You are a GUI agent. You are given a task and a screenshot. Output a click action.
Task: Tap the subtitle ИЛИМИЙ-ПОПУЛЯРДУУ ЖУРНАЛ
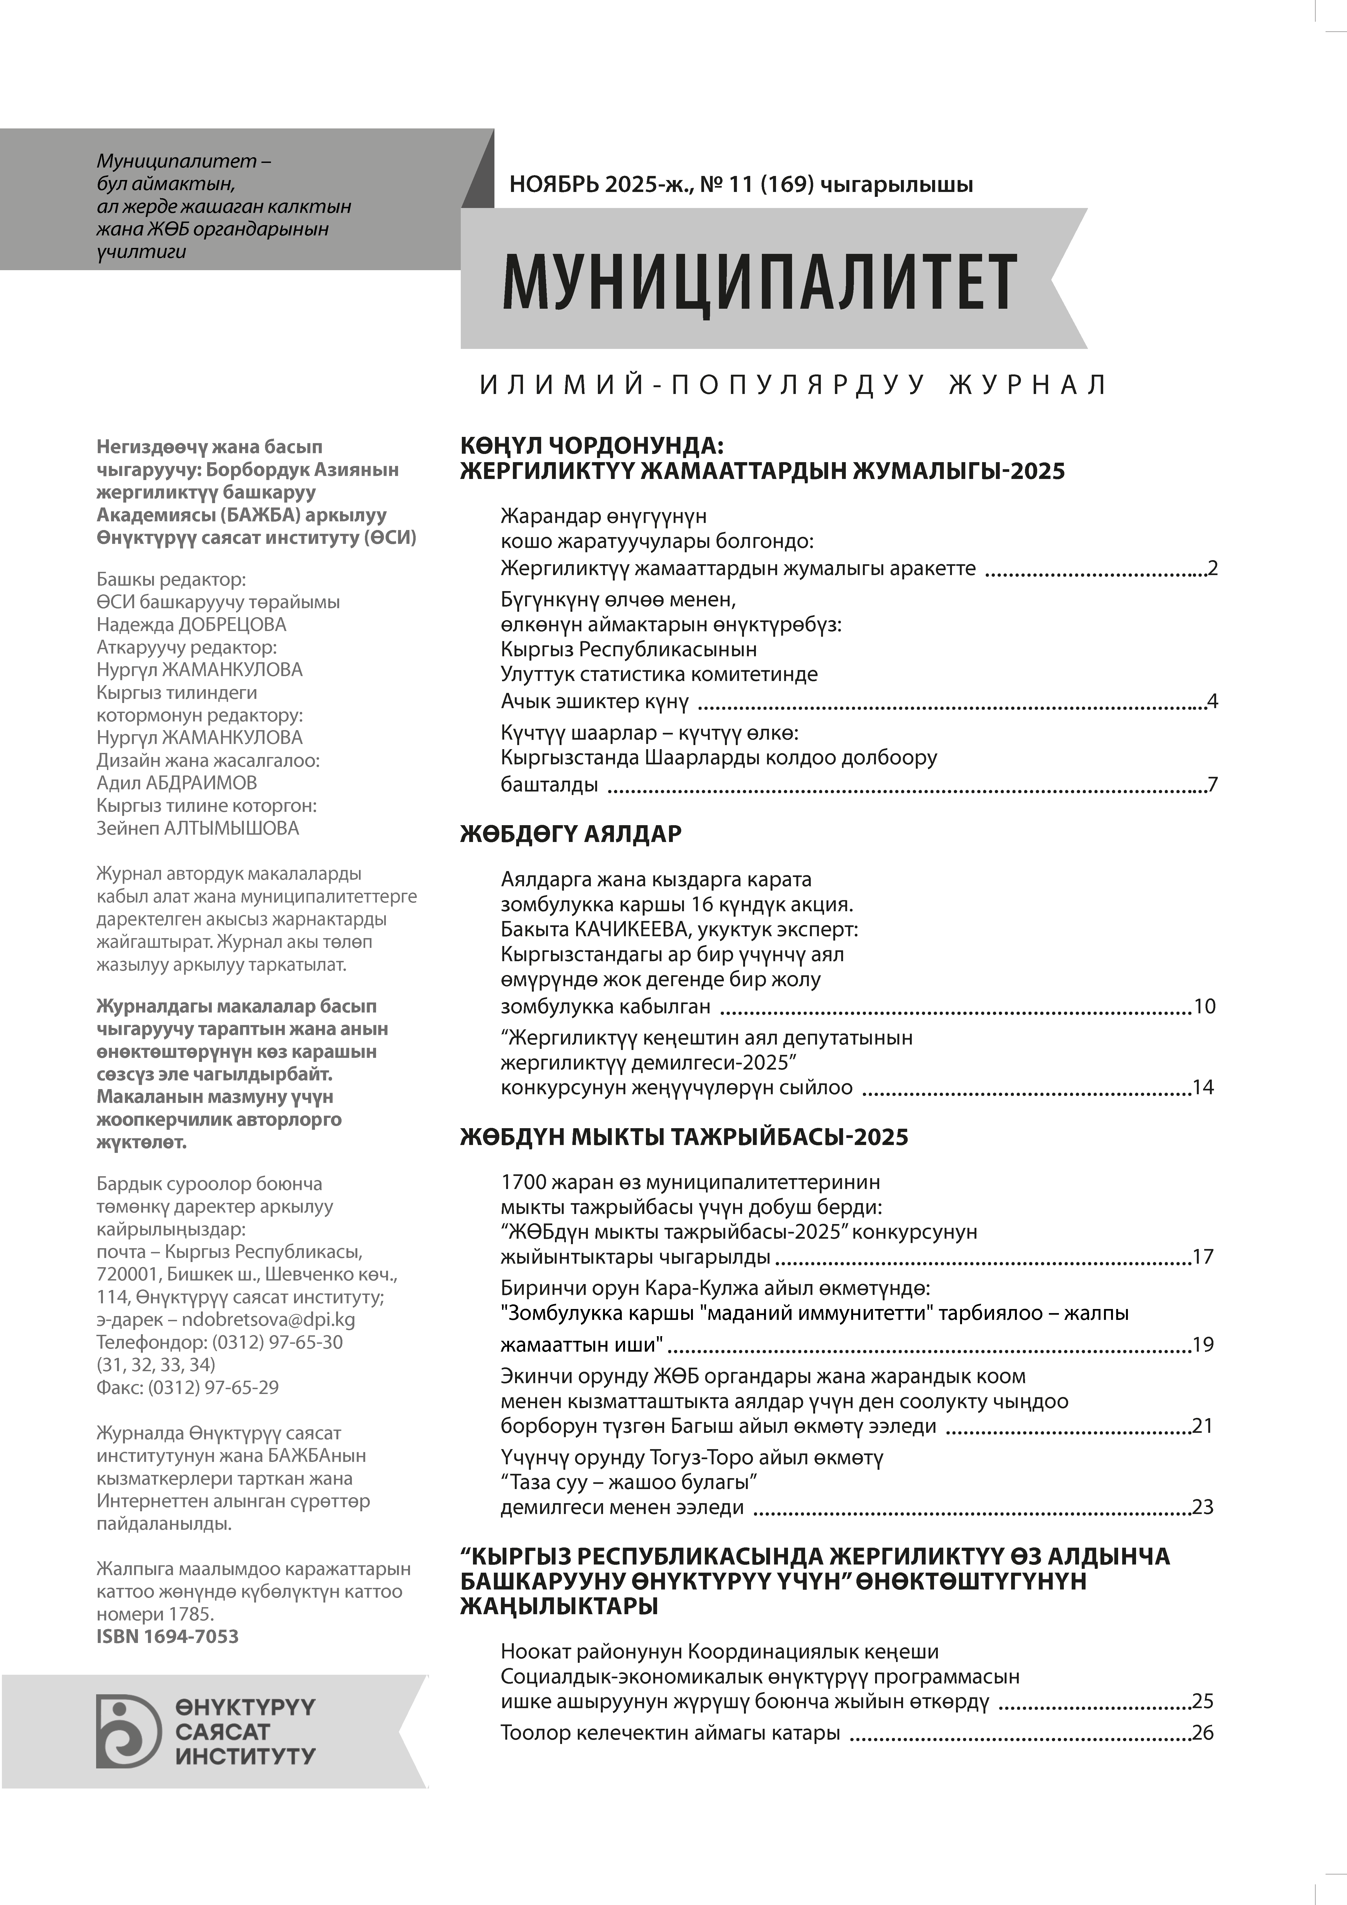coord(793,385)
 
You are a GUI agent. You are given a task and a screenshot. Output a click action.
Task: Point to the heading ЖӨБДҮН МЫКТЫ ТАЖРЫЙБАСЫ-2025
coord(684,1137)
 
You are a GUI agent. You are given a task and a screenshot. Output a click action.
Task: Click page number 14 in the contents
coord(1203,1088)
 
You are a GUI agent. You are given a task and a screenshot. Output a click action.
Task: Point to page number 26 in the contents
coord(1203,1733)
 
